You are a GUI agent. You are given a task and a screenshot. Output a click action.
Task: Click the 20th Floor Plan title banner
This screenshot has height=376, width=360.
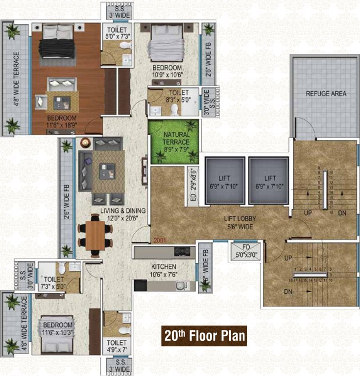click(x=204, y=336)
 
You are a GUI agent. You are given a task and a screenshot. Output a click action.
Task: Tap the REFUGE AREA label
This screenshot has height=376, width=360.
click(x=326, y=93)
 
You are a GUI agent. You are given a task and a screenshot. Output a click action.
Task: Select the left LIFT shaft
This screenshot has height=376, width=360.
click(x=224, y=181)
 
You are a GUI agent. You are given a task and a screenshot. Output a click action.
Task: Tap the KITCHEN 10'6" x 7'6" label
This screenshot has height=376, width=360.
click(x=163, y=269)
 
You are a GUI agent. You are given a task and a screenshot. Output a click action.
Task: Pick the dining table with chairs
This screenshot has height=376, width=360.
click(x=95, y=234)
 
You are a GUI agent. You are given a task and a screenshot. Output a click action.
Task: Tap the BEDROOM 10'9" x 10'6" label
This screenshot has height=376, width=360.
click(x=167, y=71)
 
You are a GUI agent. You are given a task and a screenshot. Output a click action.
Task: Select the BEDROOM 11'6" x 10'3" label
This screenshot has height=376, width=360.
click(x=58, y=329)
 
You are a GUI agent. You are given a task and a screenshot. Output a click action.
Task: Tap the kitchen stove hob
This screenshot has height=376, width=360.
click(x=182, y=253)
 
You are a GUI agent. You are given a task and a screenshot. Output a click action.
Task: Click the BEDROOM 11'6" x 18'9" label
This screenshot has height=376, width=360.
click(x=62, y=121)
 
